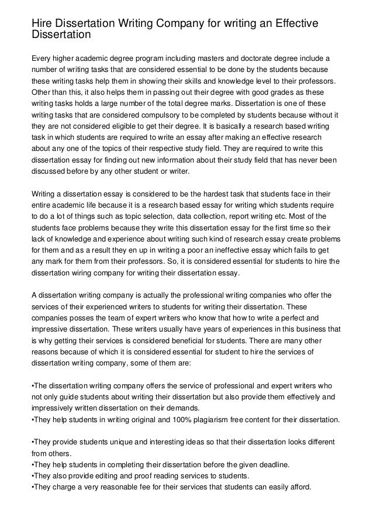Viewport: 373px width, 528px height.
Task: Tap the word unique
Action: (x=121, y=441)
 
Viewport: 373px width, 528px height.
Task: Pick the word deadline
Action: (x=271, y=465)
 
